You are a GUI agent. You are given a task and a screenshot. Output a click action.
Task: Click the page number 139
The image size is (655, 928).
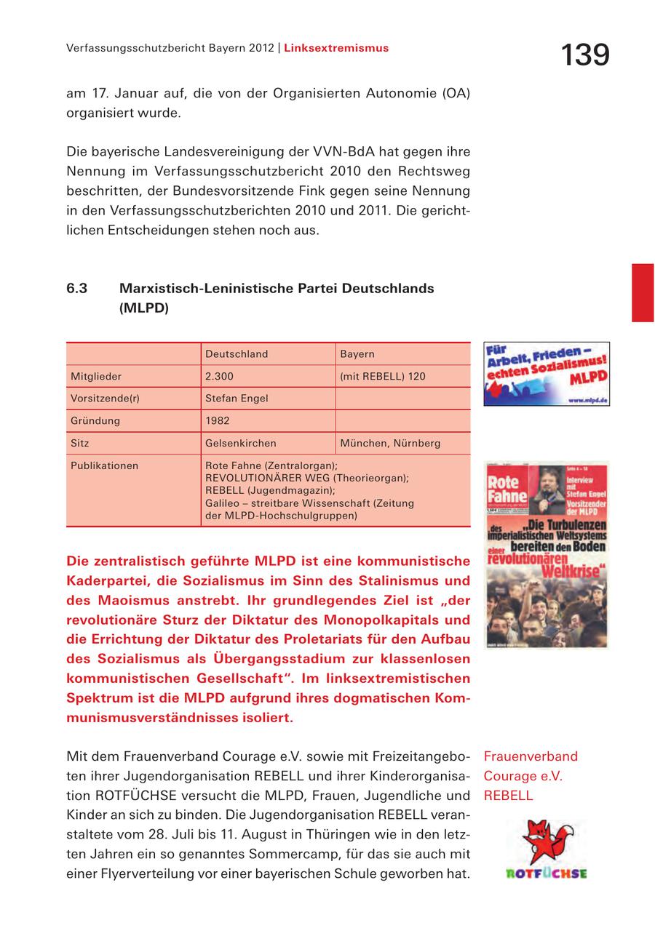tap(584, 55)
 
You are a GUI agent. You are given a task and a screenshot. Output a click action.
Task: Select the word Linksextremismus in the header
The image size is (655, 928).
tap(336, 49)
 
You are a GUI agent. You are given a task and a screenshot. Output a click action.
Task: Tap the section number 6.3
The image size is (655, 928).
tap(77, 288)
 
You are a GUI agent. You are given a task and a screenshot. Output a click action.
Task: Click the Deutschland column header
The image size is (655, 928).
tap(237, 354)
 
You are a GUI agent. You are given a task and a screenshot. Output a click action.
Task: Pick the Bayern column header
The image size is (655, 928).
tap(357, 354)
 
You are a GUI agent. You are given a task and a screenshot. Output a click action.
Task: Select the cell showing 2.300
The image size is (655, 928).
tap(219, 377)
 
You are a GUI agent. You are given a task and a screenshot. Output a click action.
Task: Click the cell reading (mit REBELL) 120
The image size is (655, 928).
tap(383, 377)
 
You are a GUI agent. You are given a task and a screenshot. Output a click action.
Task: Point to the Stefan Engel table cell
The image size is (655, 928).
tap(237, 399)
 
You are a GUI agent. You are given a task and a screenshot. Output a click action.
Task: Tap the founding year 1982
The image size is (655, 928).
tap(217, 420)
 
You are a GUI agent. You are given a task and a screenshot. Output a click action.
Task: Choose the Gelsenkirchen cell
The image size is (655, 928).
tap(241, 443)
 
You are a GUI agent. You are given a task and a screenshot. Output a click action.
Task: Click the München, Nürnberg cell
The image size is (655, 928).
tap(390, 443)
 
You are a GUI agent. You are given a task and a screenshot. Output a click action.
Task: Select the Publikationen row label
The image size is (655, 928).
tap(104, 465)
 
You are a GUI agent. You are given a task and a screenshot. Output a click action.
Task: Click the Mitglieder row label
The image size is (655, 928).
tap(96, 377)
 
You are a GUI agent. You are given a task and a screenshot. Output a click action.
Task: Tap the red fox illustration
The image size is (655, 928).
tap(546, 842)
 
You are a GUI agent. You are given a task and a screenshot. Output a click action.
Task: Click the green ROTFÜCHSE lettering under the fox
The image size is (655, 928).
tap(546, 873)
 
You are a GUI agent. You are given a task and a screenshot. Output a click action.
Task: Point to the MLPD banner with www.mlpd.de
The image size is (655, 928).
tap(547, 374)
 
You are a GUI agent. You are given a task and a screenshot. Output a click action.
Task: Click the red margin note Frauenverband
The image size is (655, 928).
tap(531, 756)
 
